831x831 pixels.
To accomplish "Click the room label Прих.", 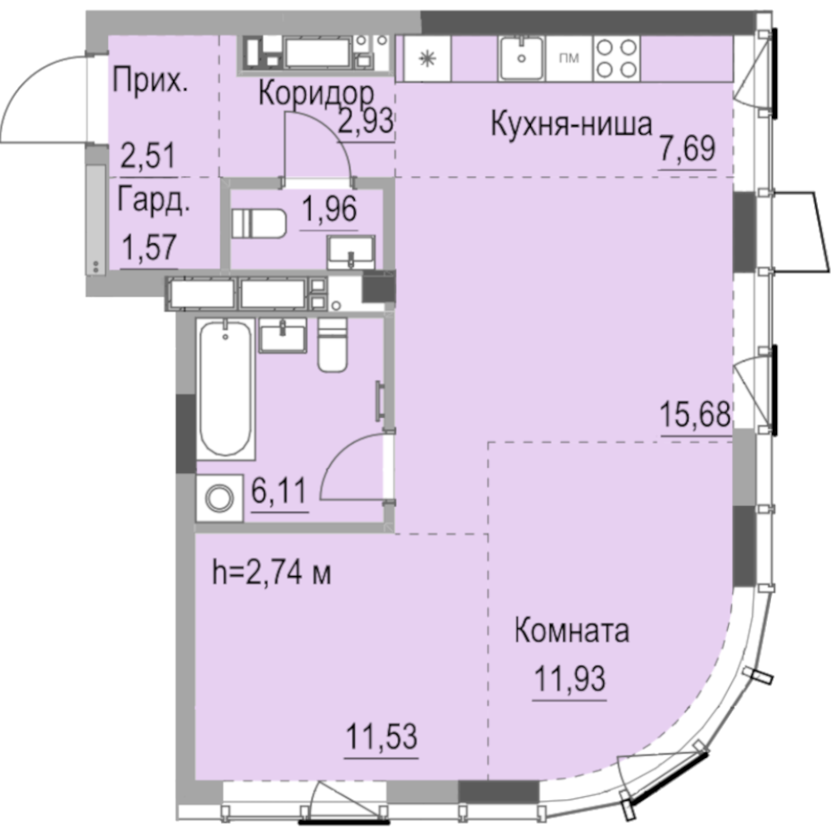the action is coord(150,81).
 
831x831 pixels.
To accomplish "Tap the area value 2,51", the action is coord(149,156).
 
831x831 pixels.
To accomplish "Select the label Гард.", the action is coord(153,201).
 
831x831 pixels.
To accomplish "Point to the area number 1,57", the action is coord(149,248).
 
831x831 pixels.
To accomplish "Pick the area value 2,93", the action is coord(366,121).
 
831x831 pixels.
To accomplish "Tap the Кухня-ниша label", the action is coord(572,125).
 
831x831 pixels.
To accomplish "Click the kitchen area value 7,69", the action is coord(687,149).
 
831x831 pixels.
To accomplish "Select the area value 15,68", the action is coord(696,415).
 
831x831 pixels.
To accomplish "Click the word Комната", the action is coord(573,631).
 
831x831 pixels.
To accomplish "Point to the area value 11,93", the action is coord(570,678).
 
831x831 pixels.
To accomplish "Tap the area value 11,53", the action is coord(381,736).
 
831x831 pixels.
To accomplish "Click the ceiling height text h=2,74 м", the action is coord(272,573).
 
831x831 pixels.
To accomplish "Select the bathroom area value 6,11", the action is coord(279,491).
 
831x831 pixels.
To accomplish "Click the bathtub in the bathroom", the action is coord(226,388).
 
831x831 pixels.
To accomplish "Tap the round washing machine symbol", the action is coord(219,498).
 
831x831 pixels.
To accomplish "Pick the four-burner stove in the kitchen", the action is coord(617,58).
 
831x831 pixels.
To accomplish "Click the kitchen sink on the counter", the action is coord(522,58).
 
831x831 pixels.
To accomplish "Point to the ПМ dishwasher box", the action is coord(569,58).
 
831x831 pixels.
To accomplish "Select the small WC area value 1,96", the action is coord(329,209).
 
